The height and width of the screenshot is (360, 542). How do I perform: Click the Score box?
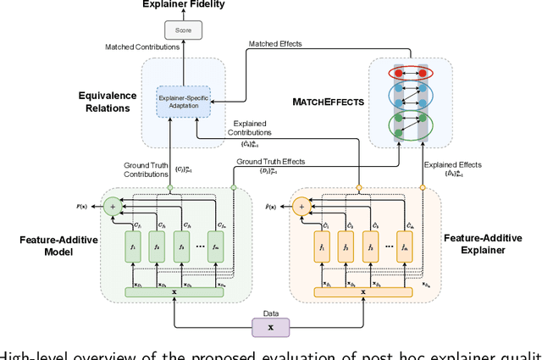tap(184, 31)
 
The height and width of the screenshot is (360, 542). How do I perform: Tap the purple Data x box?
tap(271, 325)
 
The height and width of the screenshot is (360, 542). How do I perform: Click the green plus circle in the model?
tap(113, 205)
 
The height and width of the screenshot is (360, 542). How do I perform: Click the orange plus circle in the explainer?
tap(300, 205)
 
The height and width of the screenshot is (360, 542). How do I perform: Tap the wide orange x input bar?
tap(363, 291)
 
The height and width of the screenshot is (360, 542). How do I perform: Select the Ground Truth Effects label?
tap(272, 161)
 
